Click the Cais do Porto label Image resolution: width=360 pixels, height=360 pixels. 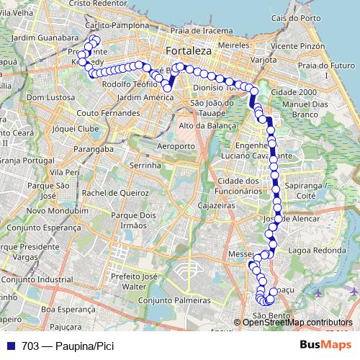point(290,17)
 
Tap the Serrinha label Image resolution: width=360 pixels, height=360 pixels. point(148,165)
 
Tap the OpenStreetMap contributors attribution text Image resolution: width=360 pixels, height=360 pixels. point(297,322)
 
